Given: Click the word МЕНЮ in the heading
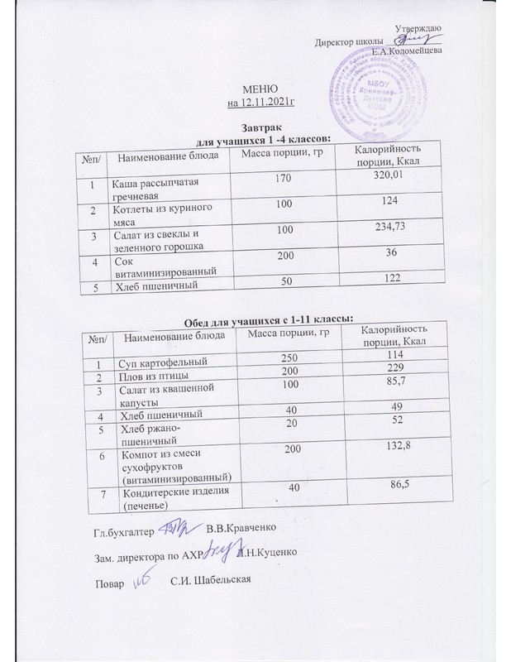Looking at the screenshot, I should click(x=260, y=89).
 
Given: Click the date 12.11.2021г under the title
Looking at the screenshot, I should click(x=260, y=103).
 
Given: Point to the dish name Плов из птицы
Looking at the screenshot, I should click(x=152, y=375).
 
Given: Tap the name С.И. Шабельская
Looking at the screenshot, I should click(x=204, y=578).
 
